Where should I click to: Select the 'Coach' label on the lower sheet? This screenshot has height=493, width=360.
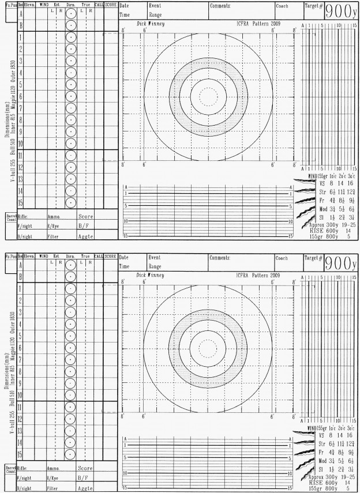coord(282,258)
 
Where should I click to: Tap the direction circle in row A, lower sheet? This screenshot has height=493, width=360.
coord(70,266)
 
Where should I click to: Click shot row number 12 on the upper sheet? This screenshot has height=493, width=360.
coord(20,167)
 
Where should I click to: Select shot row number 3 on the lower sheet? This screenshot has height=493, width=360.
coord(20,313)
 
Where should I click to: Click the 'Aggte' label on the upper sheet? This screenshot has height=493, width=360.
coord(85,237)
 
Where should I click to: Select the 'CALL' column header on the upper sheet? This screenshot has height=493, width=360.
coord(99,5)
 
